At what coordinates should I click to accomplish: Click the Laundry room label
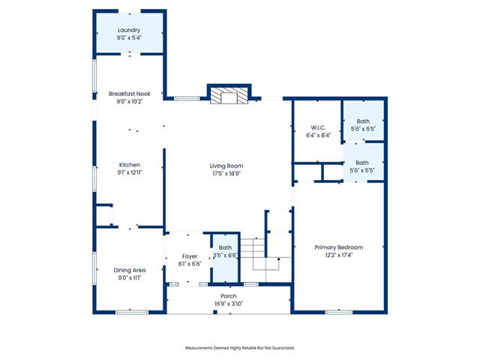[x=129, y=30]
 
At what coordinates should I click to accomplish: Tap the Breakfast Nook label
[x=130, y=94]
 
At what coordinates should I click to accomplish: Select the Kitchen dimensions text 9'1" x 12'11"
[x=130, y=172]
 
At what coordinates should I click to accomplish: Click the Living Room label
[x=226, y=166]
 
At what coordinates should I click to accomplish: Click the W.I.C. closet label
[x=318, y=127]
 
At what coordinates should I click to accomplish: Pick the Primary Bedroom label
[x=339, y=247]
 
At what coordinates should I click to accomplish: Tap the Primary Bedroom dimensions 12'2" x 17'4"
[x=339, y=255]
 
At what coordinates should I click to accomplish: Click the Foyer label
[x=190, y=256]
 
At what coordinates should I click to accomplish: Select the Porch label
[x=228, y=296]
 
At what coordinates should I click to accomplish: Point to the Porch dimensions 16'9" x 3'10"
[x=228, y=304]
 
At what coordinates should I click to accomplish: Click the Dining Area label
[x=130, y=270]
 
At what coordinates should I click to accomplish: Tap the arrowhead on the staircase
[x=278, y=259]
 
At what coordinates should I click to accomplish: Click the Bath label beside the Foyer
[x=225, y=247]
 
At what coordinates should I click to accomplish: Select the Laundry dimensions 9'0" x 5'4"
[x=129, y=37]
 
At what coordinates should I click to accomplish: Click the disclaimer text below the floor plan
[x=240, y=348]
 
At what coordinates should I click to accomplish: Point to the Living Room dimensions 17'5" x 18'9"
[x=226, y=173]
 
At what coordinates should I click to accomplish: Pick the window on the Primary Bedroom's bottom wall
[x=338, y=312]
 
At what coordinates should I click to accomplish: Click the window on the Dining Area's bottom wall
[x=132, y=312]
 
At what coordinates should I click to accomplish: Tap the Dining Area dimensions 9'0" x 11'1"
[x=130, y=278]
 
